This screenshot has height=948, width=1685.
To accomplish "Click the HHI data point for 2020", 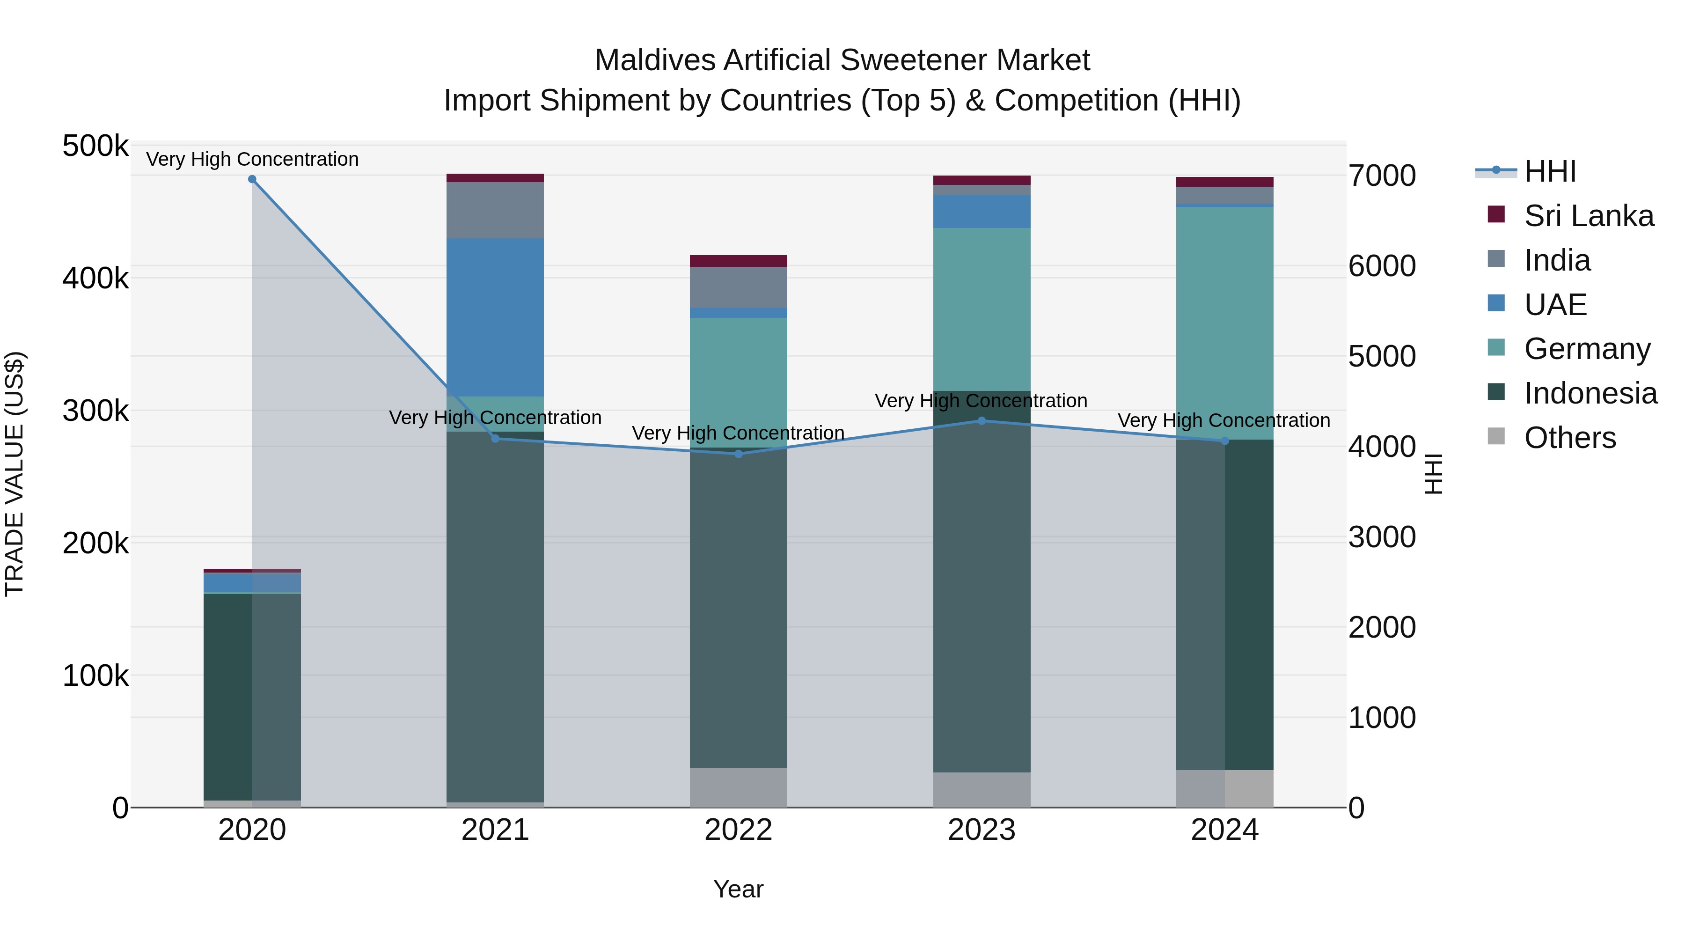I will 252,179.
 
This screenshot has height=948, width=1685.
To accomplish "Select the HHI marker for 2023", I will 981,421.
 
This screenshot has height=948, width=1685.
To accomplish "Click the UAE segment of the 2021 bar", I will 495,317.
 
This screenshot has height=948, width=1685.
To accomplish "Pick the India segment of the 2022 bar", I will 739,287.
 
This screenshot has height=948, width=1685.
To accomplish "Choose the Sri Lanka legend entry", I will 1589,216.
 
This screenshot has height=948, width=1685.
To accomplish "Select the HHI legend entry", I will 1550,171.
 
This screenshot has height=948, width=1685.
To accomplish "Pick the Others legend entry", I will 1569,438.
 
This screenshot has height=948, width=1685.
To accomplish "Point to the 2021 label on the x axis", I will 495,830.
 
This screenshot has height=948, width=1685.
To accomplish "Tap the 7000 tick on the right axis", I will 1382,176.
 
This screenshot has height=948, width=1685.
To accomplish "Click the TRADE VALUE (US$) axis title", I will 15,474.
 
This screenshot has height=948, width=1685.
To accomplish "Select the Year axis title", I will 739,889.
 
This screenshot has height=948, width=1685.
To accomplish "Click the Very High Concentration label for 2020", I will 252,159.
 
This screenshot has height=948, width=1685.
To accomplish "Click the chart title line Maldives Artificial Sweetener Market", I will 842,60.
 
